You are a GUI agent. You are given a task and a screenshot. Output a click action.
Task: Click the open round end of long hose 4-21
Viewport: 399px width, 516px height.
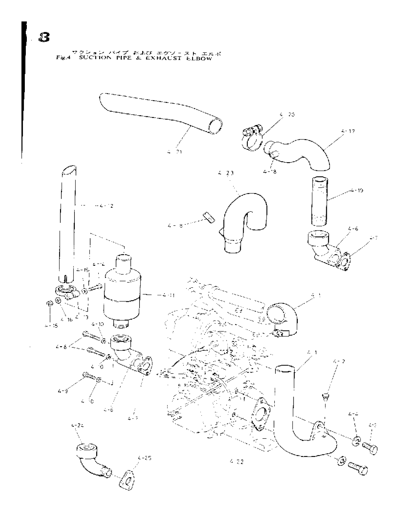point(215,126)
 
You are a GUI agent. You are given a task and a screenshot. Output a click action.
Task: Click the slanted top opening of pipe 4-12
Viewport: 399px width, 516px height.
point(68,170)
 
